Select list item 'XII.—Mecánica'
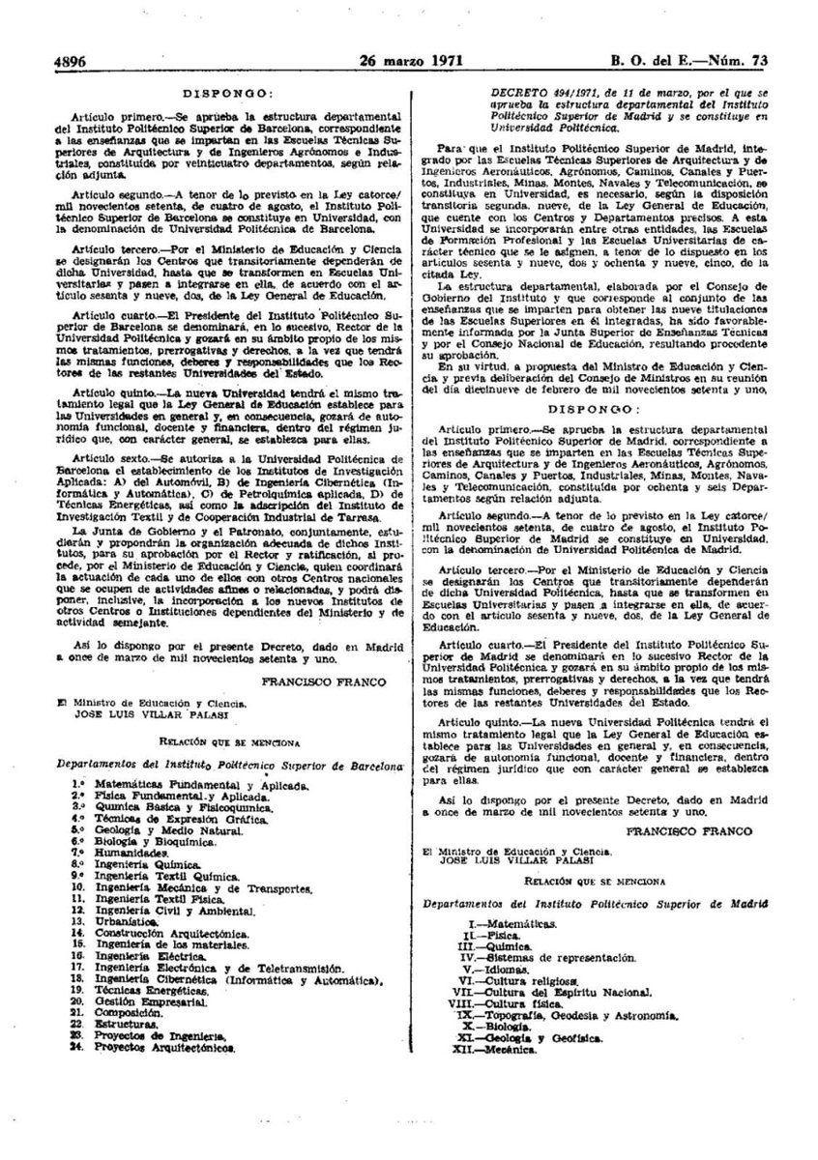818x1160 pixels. [x=497, y=1049]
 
